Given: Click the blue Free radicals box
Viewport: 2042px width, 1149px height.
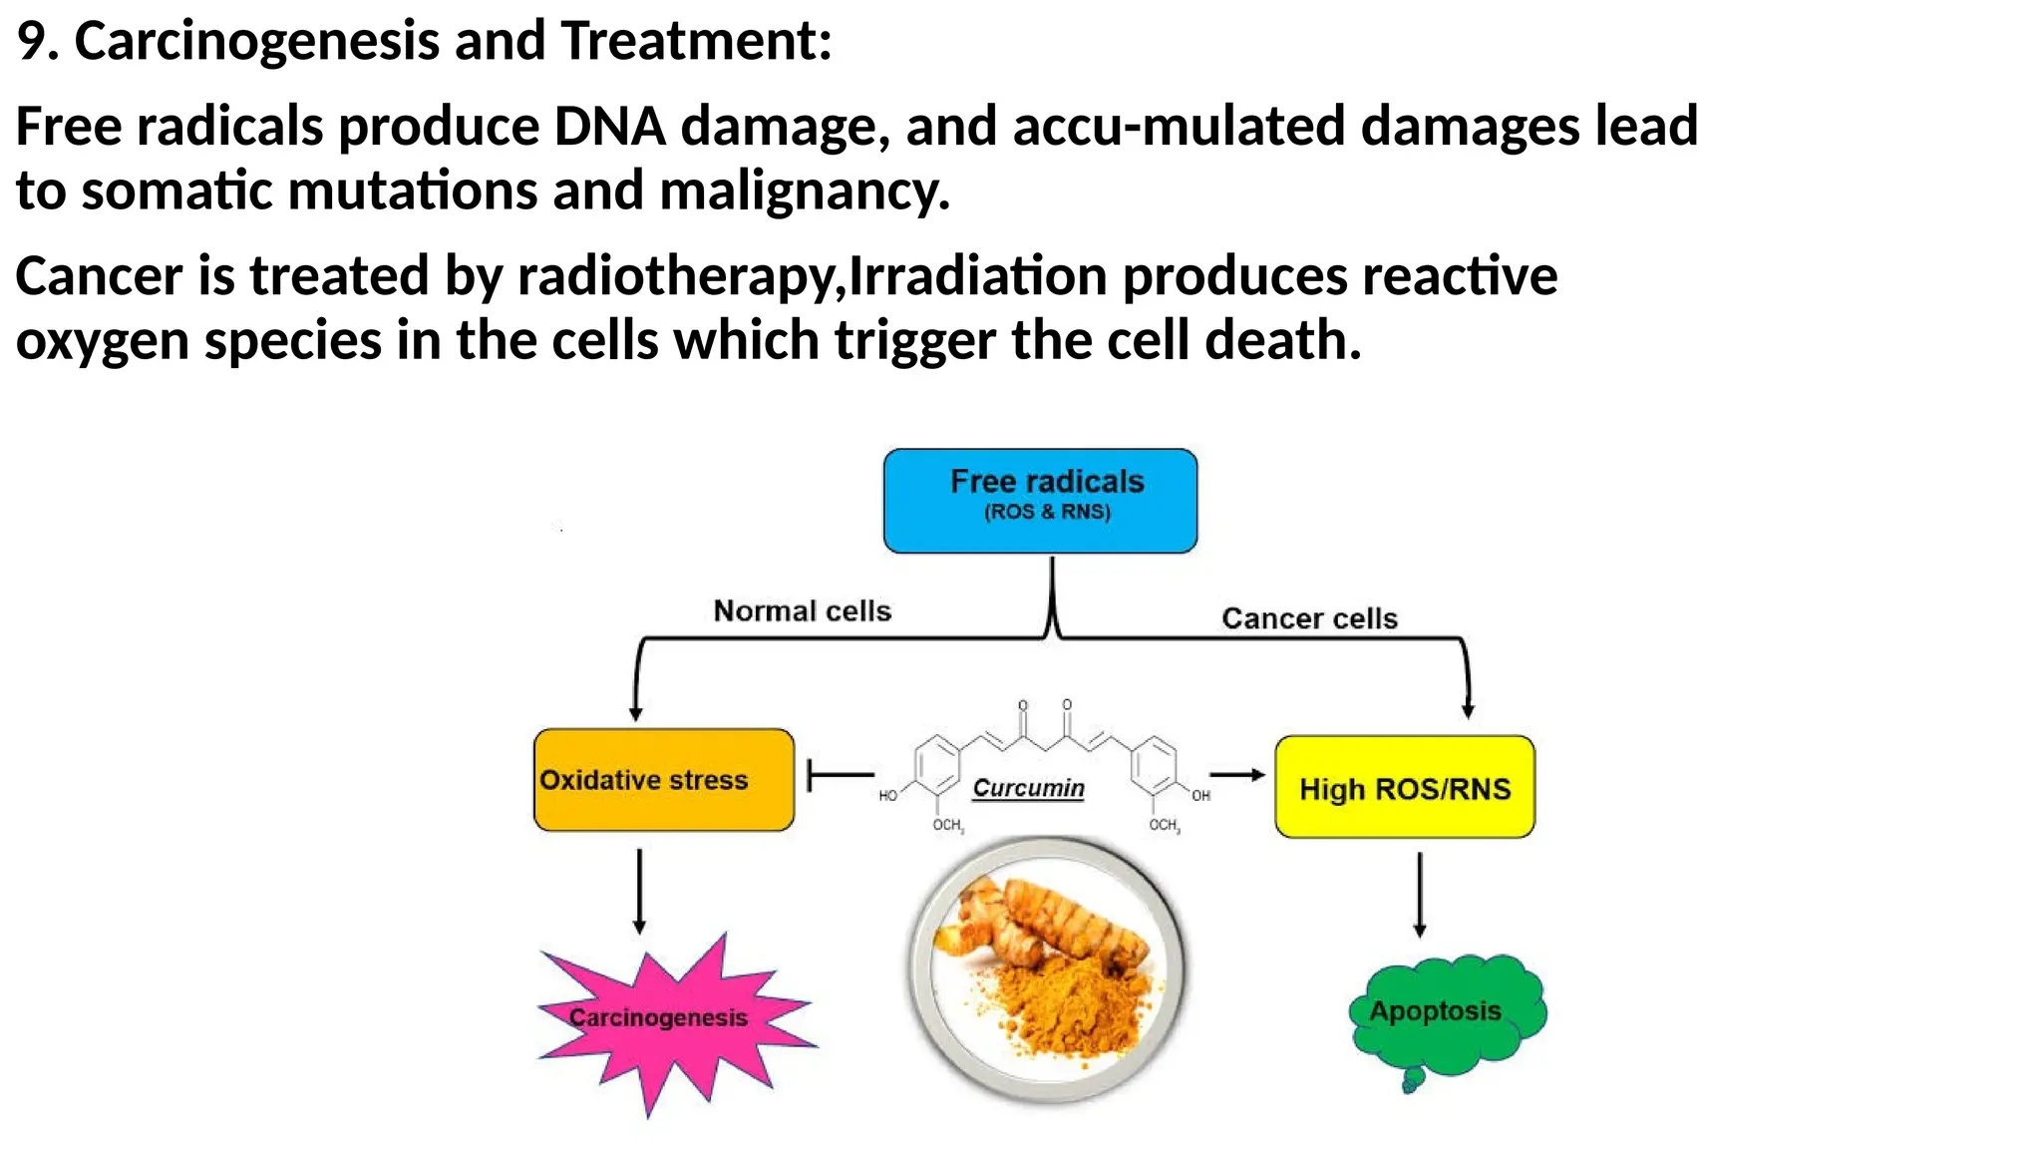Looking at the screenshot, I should (x=1040, y=500).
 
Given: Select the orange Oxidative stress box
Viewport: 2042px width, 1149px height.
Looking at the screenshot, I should (x=663, y=780).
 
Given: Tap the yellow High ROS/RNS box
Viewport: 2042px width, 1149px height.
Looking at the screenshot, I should (x=1404, y=788).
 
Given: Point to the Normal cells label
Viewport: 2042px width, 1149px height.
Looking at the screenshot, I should (x=802, y=610).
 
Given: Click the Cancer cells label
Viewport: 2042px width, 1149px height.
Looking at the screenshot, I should (x=1309, y=618).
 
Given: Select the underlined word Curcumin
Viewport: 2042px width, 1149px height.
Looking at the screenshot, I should (x=1028, y=788).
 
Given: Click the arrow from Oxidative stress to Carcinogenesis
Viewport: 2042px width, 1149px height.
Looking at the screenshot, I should (x=639, y=891).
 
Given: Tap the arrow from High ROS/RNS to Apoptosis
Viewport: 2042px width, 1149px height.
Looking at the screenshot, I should (x=1420, y=894).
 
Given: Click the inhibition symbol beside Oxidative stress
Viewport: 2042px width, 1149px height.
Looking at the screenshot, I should (x=839, y=774).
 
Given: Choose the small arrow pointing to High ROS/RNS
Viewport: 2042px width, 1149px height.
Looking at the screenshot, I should (x=1236, y=774).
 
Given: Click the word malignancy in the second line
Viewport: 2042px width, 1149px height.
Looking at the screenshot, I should (x=804, y=191).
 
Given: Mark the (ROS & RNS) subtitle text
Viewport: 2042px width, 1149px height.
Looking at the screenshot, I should (x=1047, y=512).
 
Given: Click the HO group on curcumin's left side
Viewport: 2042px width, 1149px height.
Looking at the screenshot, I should (x=887, y=796).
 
